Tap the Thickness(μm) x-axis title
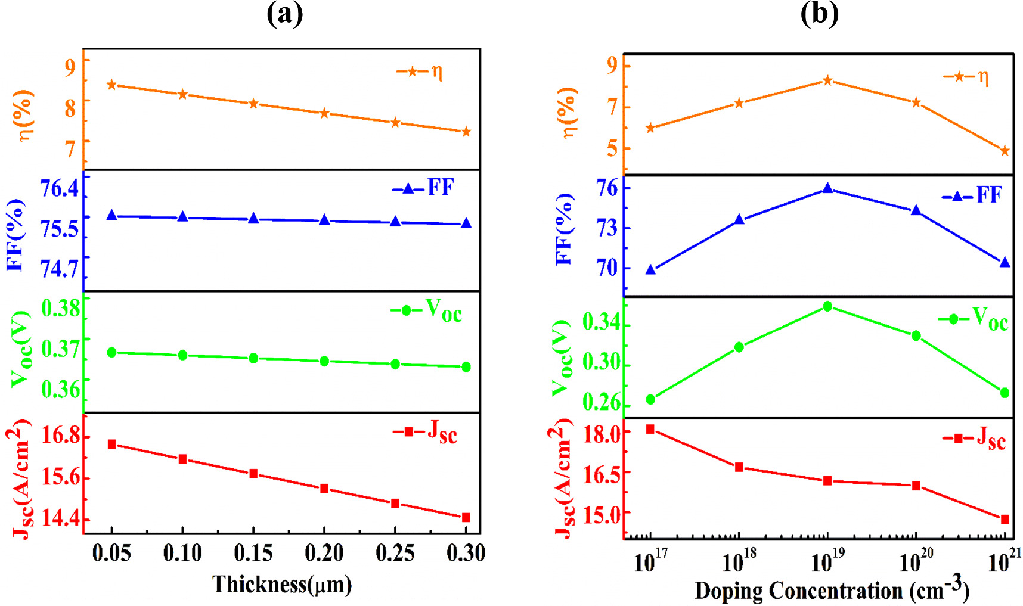coord(282,584)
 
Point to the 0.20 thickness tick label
coord(324,554)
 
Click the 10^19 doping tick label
coord(827,560)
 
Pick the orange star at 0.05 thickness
coord(111,85)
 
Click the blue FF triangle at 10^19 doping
coord(827,188)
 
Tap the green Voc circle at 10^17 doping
coord(650,399)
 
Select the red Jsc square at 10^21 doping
coord(1005,520)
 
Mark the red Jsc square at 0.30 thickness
coord(466,517)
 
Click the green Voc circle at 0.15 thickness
coord(253,358)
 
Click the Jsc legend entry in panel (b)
coord(975,439)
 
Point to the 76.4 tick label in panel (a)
coord(59,189)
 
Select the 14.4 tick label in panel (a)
coord(60,518)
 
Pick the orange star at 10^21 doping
coord(1005,151)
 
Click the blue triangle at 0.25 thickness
coord(395,222)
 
